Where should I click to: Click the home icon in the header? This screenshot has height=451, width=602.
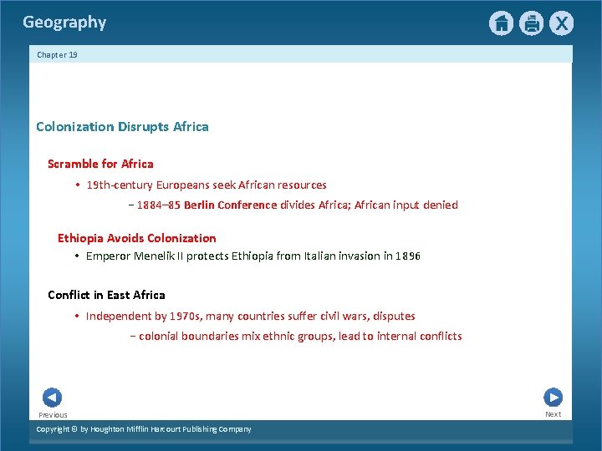click(x=501, y=23)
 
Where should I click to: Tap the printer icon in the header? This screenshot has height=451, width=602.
click(x=531, y=23)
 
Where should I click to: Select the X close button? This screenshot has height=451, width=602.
click(x=561, y=23)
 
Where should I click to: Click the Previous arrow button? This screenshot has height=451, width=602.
click(x=52, y=398)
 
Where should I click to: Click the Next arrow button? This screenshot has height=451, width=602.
click(x=553, y=398)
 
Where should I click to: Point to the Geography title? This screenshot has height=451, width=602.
click(x=64, y=23)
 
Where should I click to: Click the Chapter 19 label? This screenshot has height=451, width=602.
click(x=57, y=55)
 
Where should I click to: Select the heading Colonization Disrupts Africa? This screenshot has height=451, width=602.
click(x=122, y=127)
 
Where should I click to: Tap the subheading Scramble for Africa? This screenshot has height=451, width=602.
click(x=100, y=164)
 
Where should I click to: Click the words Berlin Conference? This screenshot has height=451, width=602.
click(x=230, y=205)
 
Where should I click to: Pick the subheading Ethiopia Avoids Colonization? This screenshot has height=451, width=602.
click(x=136, y=238)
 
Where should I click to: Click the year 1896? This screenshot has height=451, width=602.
click(x=407, y=256)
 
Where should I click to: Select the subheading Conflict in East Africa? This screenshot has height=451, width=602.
click(x=106, y=295)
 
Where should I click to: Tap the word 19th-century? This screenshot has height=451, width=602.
click(x=120, y=185)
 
